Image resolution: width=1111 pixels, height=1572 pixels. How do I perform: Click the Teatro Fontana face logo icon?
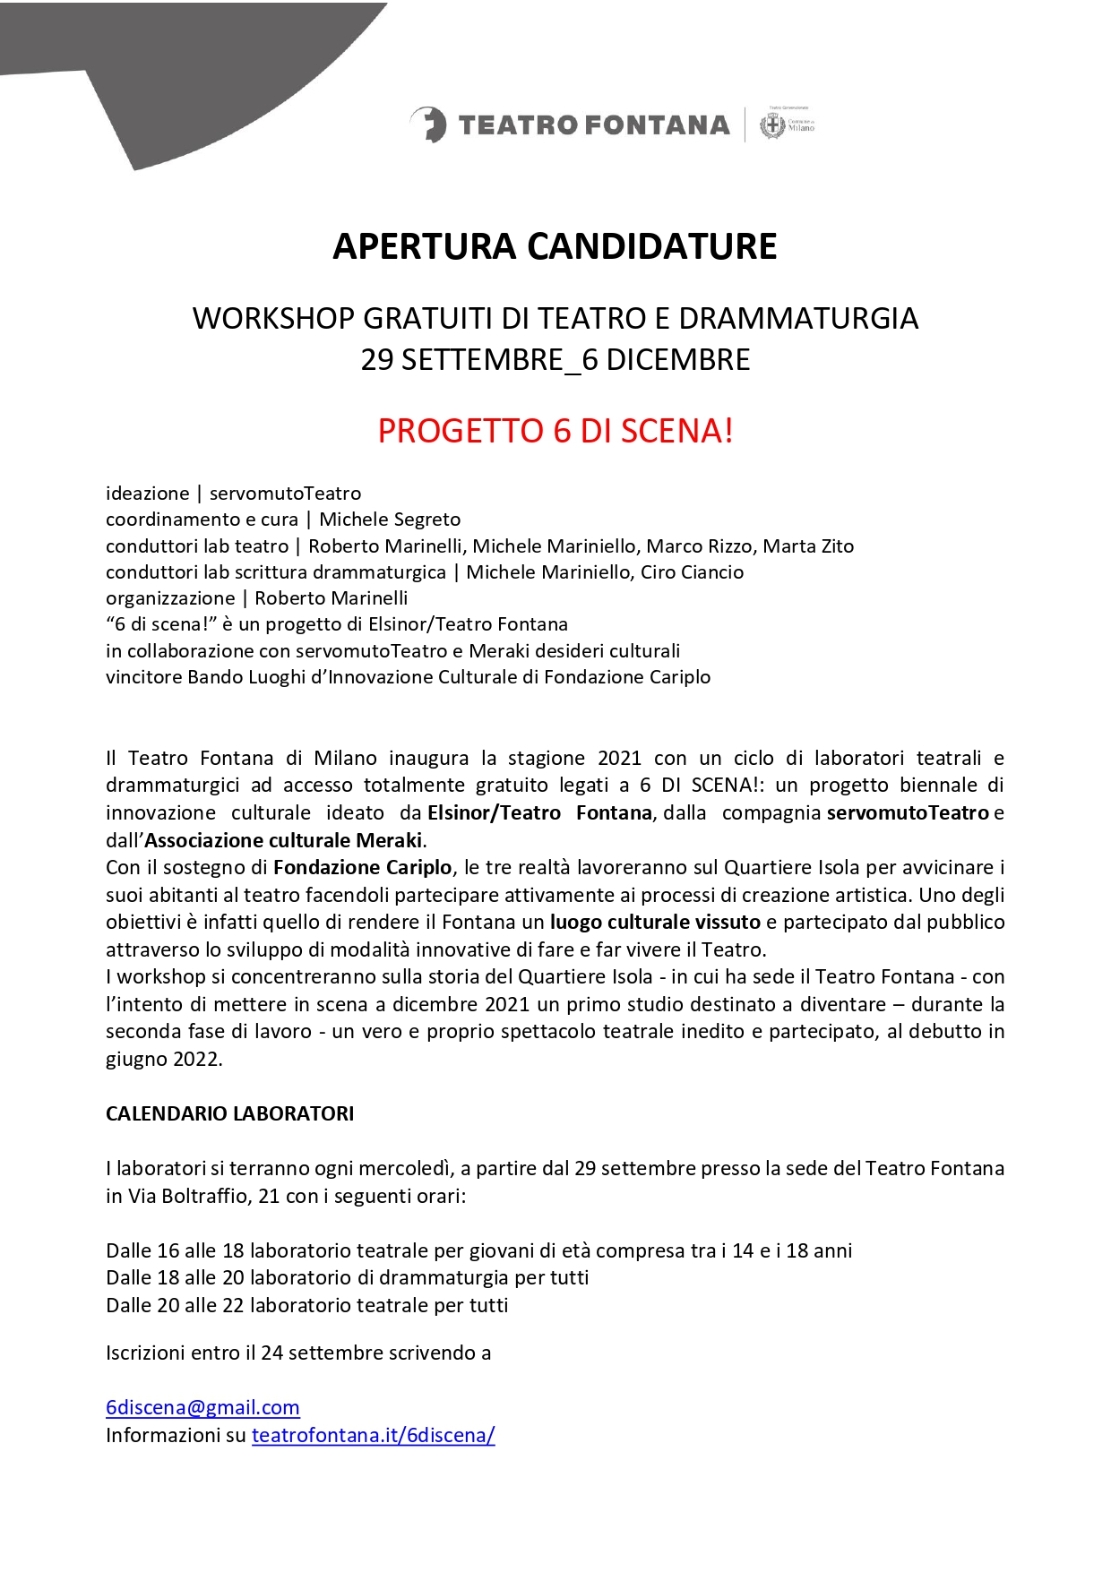(x=429, y=125)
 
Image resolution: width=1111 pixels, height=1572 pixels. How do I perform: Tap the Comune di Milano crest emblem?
(x=771, y=125)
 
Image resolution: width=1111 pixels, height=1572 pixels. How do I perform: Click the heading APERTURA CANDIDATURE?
(x=555, y=246)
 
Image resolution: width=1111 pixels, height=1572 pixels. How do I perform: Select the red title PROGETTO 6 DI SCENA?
(x=555, y=431)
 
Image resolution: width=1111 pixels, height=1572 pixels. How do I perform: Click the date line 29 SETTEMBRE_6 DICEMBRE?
(x=555, y=360)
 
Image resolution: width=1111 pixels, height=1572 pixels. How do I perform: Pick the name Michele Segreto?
(x=390, y=520)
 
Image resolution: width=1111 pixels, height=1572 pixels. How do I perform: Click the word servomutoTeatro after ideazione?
(x=285, y=494)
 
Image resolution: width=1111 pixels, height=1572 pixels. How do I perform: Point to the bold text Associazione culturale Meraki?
(x=283, y=840)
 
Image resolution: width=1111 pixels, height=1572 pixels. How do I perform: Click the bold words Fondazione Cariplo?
(x=362, y=867)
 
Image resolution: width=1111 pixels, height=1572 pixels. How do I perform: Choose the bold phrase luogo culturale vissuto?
(x=655, y=922)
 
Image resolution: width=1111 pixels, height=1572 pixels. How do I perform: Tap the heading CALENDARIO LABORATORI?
(x=229, y=1113)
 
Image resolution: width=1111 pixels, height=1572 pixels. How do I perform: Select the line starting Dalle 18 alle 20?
(x=347, y=1277)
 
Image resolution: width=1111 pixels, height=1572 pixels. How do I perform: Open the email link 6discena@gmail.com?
(x=202, y=1407)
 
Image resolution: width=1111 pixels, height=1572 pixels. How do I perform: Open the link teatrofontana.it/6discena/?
(x=373, y=1435)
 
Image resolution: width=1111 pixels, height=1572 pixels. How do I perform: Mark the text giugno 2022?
(x=163, y=1059)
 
